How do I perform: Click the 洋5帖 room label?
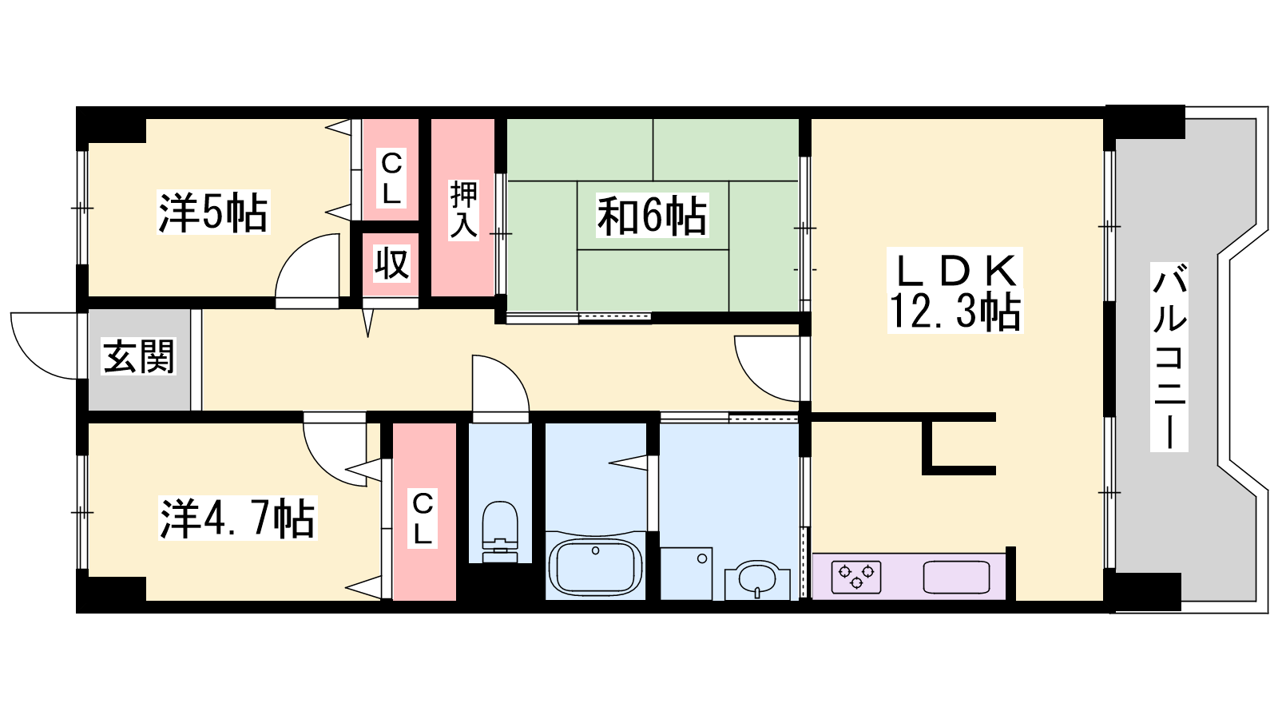[x=212, y=213]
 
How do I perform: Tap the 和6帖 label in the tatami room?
[x=652, y=216]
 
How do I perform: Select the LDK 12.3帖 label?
[x=955, y=291]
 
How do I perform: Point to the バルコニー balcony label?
[x=1169, y=356]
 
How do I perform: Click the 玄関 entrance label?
[x=139, y=356]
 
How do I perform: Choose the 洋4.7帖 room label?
[x=237, y=518]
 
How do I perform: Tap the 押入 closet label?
[x=463, y=209]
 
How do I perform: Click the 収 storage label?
[x=392, y=263]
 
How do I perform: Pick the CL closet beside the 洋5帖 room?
[x=391, y=177]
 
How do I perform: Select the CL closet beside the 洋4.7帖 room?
[x=423, y=518]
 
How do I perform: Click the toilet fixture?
[x=500, y=532]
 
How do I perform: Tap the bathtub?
[x=596, y=566]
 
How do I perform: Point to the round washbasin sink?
[x=757, y=580]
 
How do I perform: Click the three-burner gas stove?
[x=855, y=577]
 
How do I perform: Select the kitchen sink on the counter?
[x=956, y=577]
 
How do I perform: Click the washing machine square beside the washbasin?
[x=686, y=574]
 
